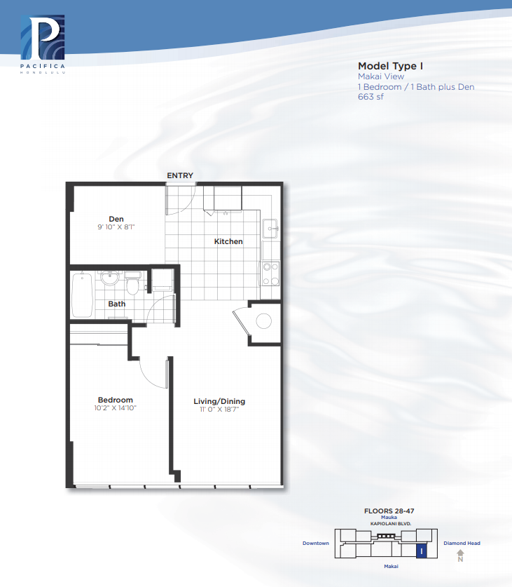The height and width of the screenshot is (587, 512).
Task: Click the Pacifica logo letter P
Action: (42, 37)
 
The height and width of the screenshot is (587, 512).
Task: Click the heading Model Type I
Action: (390, 66)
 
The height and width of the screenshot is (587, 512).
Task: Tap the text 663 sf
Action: (371, 97)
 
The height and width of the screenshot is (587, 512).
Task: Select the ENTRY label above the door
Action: (180, 175)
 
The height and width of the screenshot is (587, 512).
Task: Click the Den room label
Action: (116, 219)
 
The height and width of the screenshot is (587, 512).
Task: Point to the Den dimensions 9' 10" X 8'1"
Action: (116, 227)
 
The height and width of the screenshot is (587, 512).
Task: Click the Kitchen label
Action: (228, 241)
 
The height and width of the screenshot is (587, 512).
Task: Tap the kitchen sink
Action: (270, 229)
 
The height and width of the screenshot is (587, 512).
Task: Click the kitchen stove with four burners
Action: (270, 274)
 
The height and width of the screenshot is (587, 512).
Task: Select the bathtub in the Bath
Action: (82, 295)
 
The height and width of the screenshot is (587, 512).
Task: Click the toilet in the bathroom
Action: (132, 283)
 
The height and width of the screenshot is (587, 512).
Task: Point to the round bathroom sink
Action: (109, 278)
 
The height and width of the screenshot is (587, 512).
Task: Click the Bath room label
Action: (117, 304)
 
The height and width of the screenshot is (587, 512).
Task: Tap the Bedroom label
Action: (115, 400)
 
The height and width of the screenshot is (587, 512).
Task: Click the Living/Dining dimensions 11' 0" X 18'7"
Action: (219, 409)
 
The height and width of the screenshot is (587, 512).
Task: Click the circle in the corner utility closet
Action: (263, 321)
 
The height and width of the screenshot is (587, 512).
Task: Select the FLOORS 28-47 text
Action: (389, 511)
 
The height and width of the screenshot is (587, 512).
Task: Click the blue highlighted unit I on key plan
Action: (422, 551)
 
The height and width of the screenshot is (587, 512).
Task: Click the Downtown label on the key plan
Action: (316, 544)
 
